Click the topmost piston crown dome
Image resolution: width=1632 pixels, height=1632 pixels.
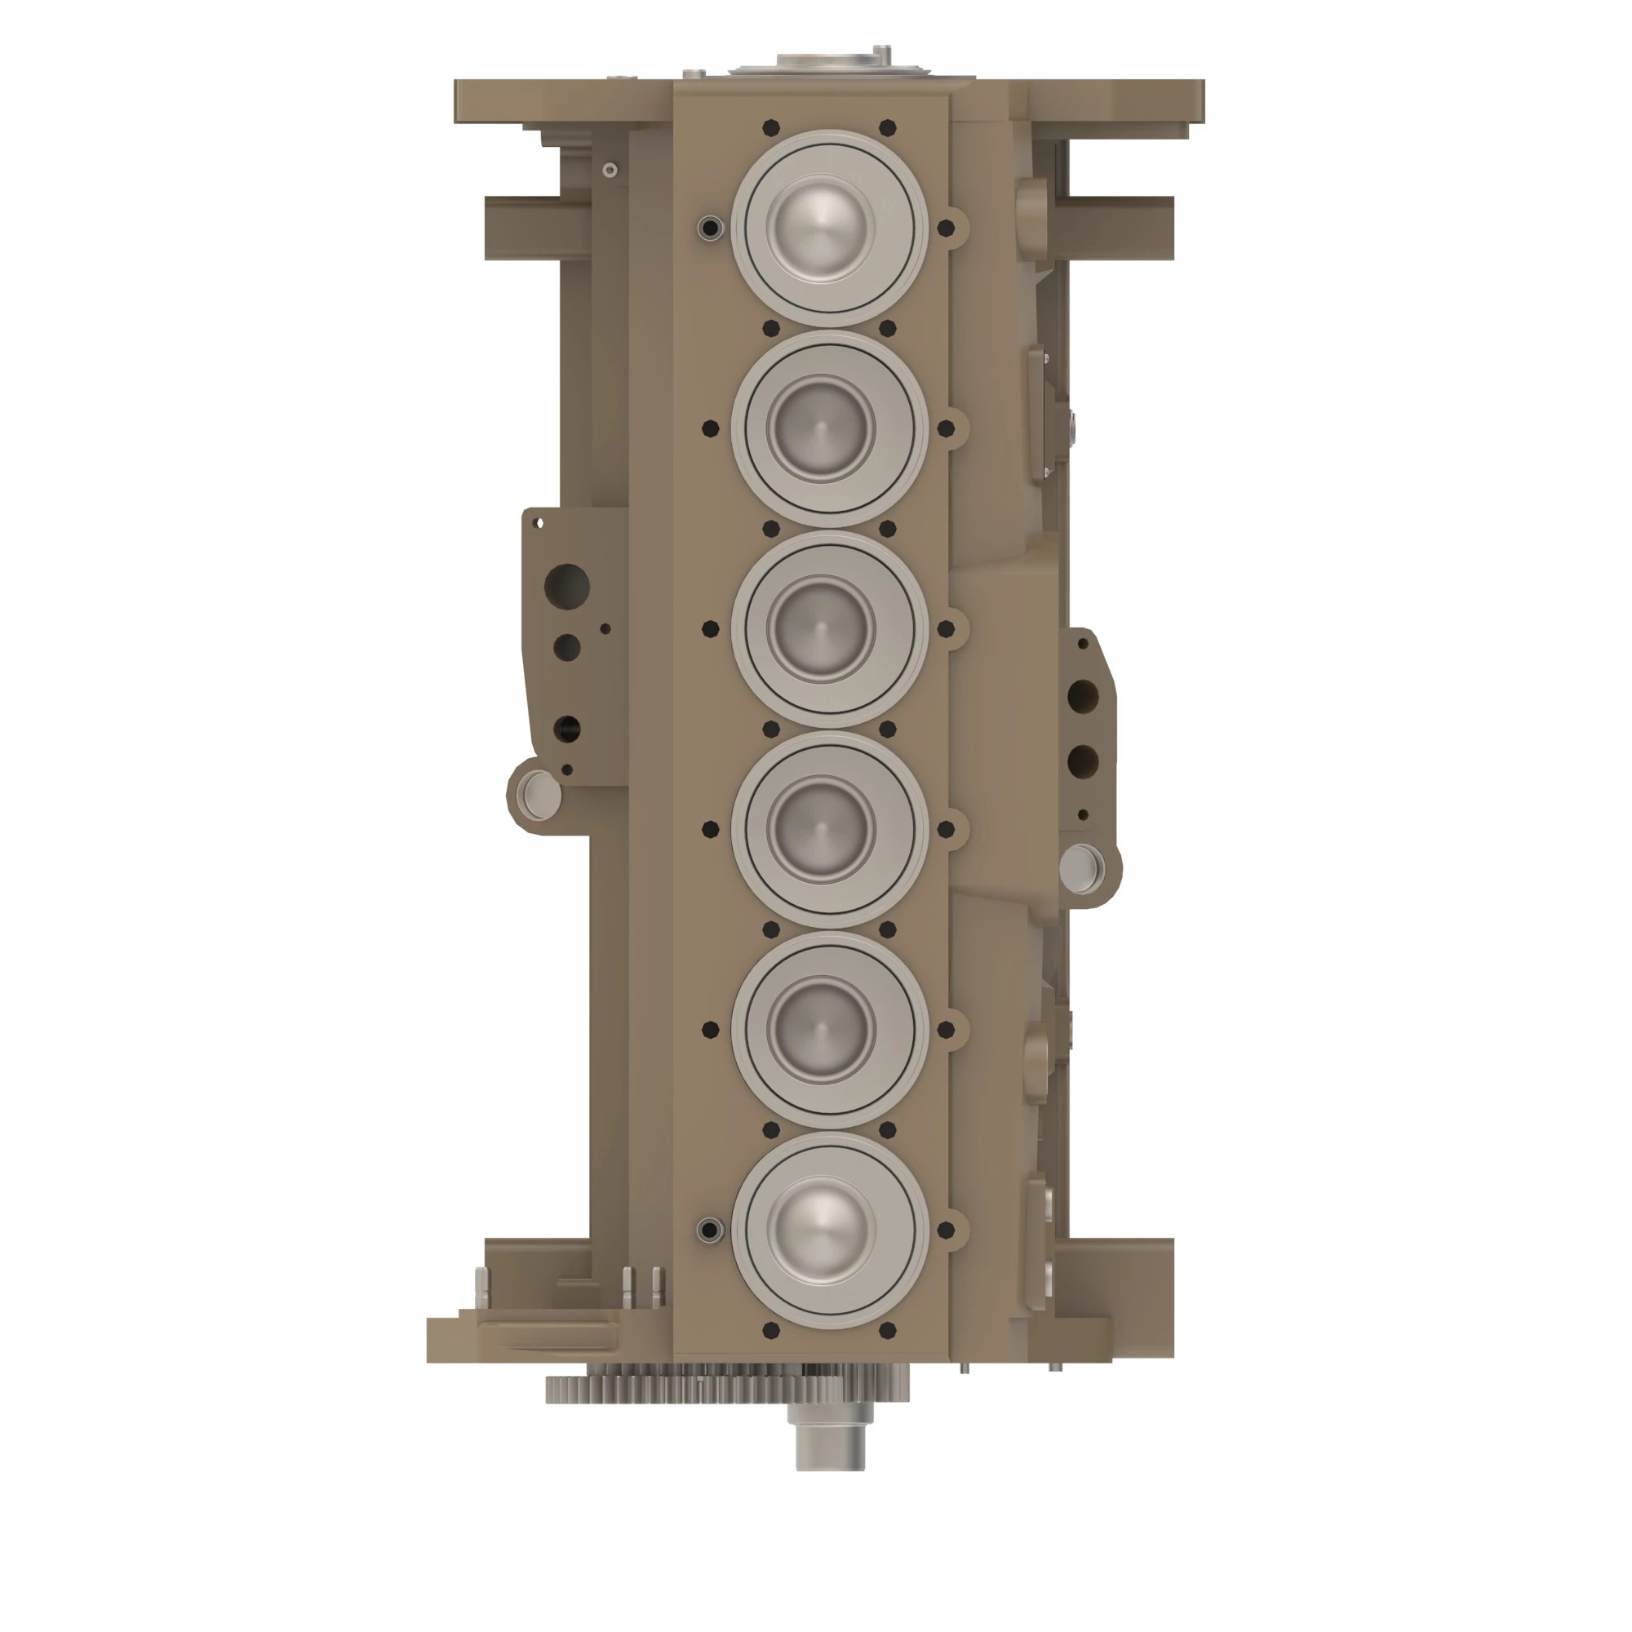(821, 229)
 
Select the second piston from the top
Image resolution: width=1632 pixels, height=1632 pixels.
(821, 429)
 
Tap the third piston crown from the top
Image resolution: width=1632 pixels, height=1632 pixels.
(821, 629)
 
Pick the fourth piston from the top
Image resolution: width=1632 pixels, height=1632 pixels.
(821, 830)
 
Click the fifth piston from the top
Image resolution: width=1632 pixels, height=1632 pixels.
(821, 1030)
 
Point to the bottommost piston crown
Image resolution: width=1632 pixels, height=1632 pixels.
(821, 1230)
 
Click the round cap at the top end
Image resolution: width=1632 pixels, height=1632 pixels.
(829, 64)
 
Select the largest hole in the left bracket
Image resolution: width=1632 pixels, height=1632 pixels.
(567, 584)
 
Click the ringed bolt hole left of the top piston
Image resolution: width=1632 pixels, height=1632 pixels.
(711, 228)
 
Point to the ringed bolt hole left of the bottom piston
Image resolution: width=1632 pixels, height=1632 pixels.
(711, 1230)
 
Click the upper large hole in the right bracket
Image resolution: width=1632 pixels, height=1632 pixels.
(1082, 697)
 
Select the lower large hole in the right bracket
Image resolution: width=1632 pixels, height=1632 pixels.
(1082, 761)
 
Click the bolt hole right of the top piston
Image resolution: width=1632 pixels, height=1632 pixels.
(946, 228)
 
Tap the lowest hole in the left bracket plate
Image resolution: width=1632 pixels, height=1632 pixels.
(567, 769)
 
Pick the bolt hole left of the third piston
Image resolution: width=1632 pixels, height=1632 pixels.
(711, 629)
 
